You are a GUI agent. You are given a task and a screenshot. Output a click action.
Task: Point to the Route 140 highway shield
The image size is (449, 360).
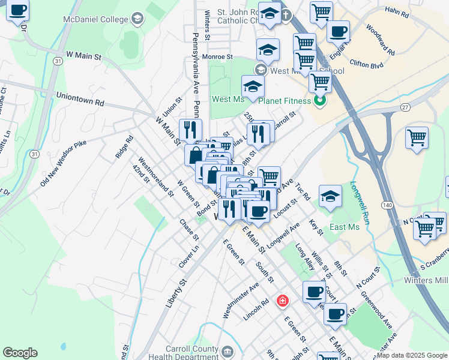[388, 205]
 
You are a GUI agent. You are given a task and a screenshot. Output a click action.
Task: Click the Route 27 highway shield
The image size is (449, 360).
[406, 107]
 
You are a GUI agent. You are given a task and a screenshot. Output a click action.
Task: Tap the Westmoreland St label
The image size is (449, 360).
[155, 177]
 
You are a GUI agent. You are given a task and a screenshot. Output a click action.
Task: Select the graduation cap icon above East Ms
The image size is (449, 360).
[330, 196]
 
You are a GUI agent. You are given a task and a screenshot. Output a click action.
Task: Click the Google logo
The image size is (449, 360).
[20, 353]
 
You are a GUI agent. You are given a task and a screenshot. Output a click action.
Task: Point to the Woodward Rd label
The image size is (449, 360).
[379, 40]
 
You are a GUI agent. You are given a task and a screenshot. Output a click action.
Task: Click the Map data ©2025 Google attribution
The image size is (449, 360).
[412, 355]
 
